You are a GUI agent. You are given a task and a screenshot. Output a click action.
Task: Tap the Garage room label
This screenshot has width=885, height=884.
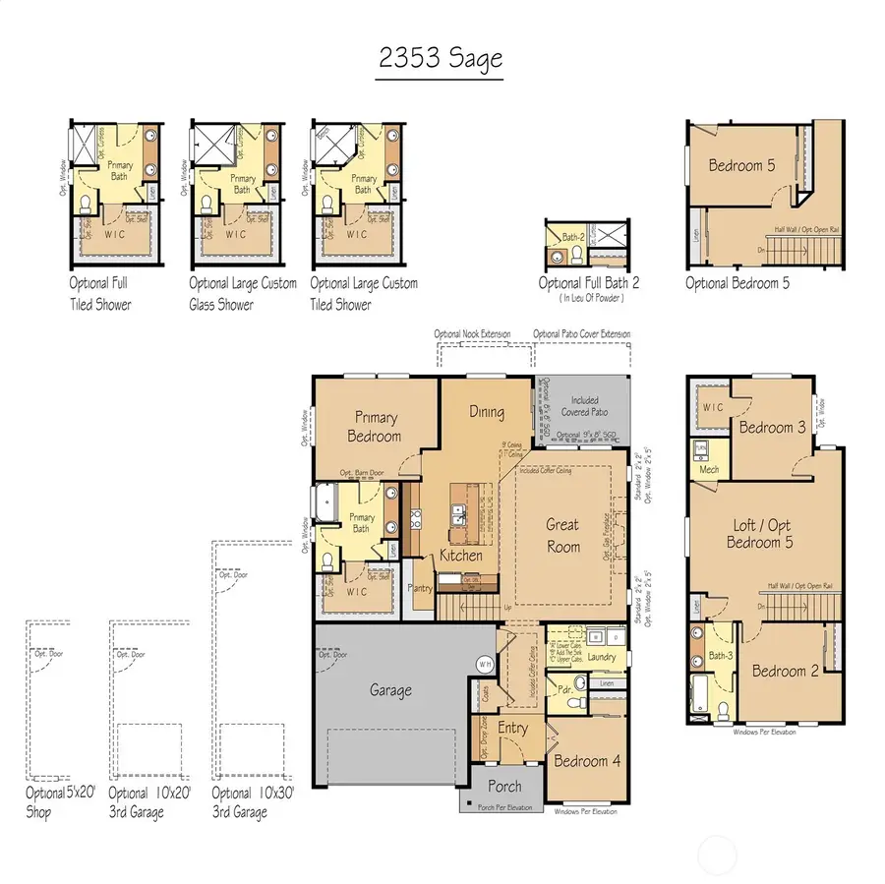(390, 690)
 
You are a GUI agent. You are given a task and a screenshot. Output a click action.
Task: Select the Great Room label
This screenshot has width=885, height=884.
(562, 535)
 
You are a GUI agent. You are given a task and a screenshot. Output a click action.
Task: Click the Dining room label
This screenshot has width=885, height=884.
(486, 412)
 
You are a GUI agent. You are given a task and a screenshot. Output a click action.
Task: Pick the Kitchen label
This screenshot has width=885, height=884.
(460, 556)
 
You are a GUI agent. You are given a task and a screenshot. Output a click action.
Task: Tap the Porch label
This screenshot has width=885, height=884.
(504, 787)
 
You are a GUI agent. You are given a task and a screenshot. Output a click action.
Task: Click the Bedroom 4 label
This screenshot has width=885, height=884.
(587, 760)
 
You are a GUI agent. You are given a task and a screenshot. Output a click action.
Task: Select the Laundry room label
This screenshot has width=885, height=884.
(601, 657)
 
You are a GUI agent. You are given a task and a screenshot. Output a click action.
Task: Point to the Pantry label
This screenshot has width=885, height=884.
(422, 588)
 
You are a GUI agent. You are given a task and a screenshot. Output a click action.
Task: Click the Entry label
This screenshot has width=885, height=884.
(512, 728)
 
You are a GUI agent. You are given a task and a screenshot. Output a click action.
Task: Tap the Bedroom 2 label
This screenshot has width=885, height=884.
(785, 671)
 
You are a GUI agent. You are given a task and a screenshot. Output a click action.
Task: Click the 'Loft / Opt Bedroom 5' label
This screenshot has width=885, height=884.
(759, 533)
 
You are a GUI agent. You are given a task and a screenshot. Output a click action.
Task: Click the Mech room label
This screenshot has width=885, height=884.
(708, 469)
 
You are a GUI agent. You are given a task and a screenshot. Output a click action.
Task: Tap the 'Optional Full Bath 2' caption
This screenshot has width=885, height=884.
(589, 283)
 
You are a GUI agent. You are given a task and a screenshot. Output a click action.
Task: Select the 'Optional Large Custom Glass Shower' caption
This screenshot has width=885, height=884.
(242, 293)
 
